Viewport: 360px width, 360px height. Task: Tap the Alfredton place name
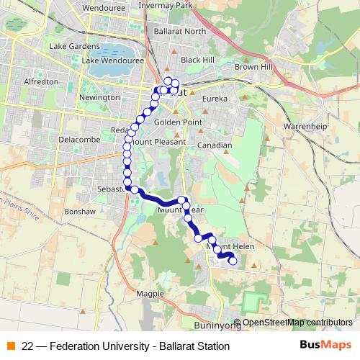[41, 82]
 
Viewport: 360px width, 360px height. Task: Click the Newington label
[99, 97]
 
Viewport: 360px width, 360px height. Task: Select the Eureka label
[215, 98]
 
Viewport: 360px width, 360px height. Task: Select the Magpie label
[146, 294]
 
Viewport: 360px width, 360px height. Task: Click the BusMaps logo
[326, 345]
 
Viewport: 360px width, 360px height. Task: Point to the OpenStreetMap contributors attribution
[297, 323]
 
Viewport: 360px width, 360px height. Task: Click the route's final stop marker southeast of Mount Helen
[233, 261]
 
